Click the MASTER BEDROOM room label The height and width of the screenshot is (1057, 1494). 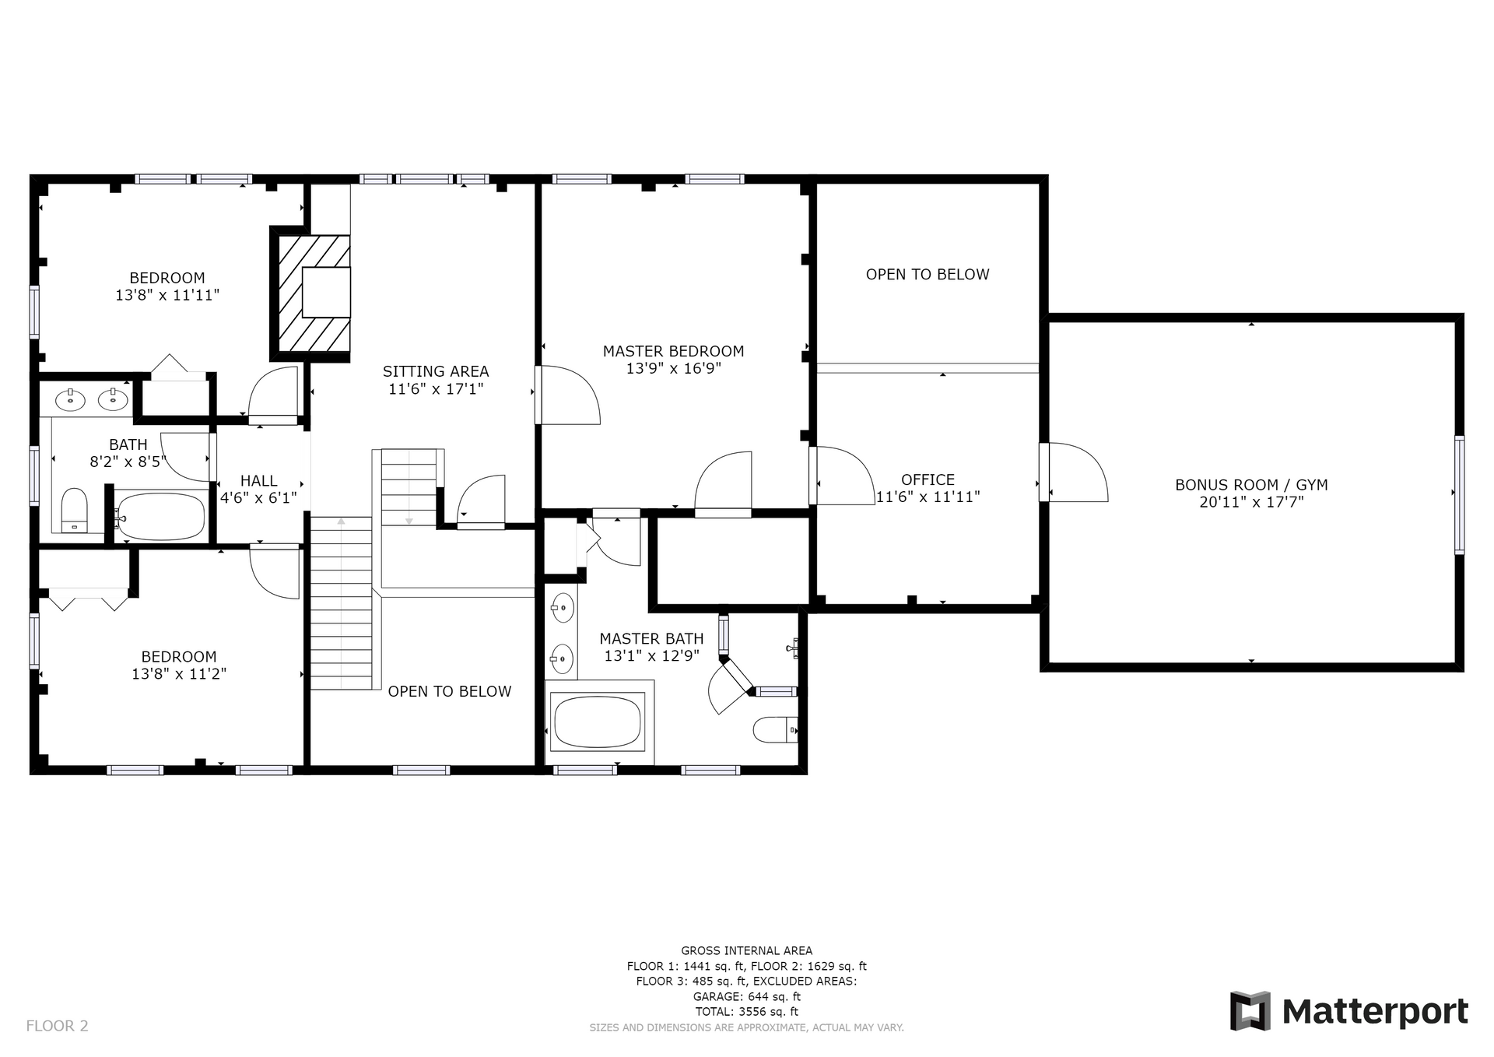[x=673, y=351]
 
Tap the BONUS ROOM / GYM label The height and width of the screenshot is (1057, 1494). [x=1251, y=485]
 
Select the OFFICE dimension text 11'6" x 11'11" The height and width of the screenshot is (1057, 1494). [x=928, y=497]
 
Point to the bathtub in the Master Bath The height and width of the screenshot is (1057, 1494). [x=598, y=722]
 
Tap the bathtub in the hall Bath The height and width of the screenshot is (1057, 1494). [x=160, y=516]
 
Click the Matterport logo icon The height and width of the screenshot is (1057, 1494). [x=1250, y=1011]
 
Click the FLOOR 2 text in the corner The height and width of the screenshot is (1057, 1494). [x=57, y=1026]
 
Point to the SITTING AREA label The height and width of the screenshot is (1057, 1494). [x=436, y=371]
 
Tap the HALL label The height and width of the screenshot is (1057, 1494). [x=258, y=481]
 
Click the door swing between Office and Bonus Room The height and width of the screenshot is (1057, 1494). [x=1078, y=472]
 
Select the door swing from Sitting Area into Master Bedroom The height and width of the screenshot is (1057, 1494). [x=570, y=395]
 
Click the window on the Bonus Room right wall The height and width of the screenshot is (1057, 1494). [x=1460, y=494]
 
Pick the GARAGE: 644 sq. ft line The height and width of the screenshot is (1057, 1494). [x=746, y=996]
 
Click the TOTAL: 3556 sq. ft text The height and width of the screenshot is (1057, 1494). [x=746, y=1012]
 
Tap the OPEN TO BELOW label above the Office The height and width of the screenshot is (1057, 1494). [x=928, y=274]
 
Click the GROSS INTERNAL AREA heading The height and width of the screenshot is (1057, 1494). [x=746, y=950]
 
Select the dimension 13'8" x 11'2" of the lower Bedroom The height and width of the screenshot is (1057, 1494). [x=179, y=674]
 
